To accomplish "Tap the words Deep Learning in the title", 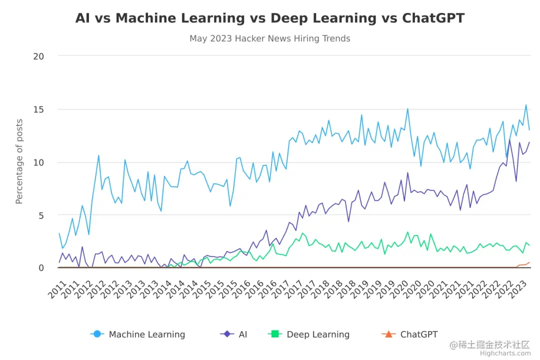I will point(323,18).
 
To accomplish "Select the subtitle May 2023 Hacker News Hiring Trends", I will point(270,38).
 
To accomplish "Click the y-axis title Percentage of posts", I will point(19,161).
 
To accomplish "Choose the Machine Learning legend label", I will point(147,334).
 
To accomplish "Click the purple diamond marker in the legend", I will point(227,334).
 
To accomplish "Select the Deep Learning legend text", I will point(318,334).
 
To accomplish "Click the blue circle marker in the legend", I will point(97,334).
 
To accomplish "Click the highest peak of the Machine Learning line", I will point(526,105).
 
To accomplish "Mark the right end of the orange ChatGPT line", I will point(529,262).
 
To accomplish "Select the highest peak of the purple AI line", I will point(510,140).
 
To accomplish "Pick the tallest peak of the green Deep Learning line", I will point(407,232).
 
